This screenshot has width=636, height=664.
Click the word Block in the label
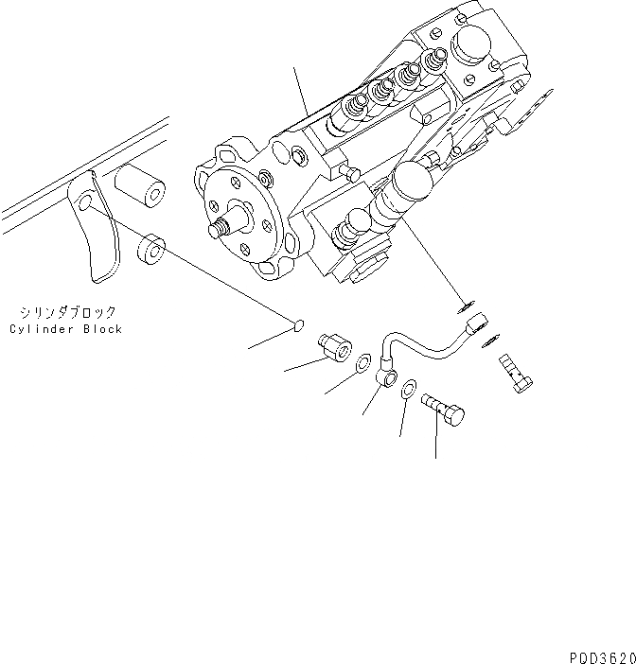[102, 329]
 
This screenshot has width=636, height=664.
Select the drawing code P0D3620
[602, 654]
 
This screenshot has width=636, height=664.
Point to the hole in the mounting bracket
[84, 203]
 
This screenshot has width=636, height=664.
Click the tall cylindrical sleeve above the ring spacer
[140, 185]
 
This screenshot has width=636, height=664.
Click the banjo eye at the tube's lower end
[387, 377]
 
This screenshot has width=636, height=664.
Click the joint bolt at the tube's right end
[514, 375]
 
